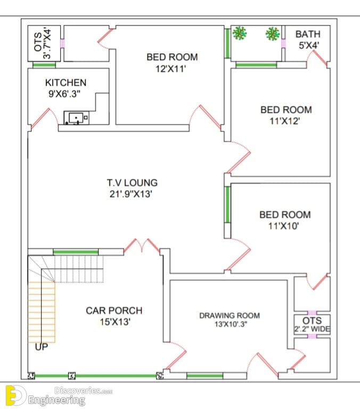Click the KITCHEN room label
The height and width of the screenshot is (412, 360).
pos(66,83)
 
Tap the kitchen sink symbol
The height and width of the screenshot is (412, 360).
pos(76,118)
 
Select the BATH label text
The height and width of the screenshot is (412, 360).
pos(308,34)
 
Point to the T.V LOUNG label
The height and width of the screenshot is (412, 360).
pos(132,183)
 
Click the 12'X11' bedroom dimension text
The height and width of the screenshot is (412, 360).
pos(170,69)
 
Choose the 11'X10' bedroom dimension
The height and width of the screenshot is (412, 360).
pos(283,226)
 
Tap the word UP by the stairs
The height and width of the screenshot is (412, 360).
pos(42,347)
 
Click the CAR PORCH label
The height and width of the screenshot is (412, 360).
pos(114,310)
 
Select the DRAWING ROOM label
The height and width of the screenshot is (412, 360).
pos(230,316)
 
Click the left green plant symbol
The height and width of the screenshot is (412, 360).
pos(239,33)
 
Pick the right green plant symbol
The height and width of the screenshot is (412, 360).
pos(273,34)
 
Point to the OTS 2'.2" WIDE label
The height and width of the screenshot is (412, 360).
pos(312,325)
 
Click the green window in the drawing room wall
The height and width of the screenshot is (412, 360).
pos(205,376)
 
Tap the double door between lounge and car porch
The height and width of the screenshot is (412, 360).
pos(142,246)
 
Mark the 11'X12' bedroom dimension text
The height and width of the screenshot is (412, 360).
pos(285,121)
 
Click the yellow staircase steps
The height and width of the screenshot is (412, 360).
pos(42,312)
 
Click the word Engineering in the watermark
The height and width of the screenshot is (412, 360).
pos(56,401)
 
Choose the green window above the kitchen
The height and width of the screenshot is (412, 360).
pos(44,64)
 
